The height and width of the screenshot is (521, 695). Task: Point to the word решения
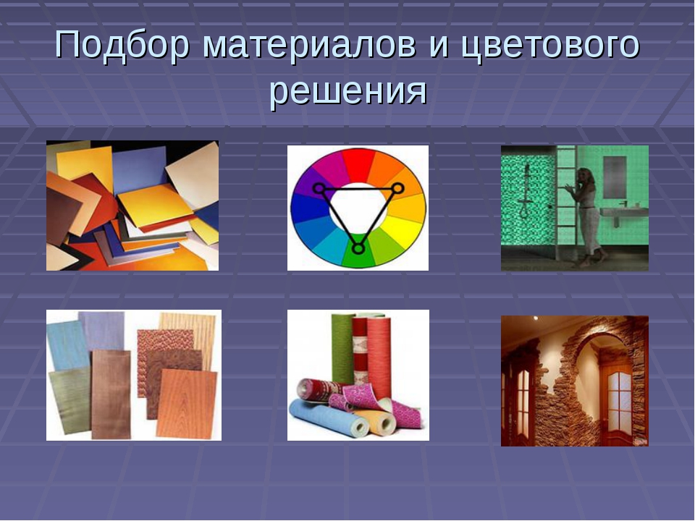click(x=348, y=91)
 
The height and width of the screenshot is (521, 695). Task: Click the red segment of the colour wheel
click(x=359, y=164)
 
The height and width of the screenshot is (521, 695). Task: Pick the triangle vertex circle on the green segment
click(x=358, y=248)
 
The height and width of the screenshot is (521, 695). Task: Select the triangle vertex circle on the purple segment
click(x=319, y=188)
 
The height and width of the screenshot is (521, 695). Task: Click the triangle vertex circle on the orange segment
click(x=397, y=189)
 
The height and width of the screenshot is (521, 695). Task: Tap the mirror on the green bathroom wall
click(x=615, y=171)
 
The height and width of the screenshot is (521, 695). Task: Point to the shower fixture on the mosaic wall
click(x=526, y=190)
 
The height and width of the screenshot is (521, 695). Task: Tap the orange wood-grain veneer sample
click(x=187, y=403)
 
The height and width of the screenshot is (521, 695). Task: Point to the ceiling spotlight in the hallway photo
click(x=536, y=318)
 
